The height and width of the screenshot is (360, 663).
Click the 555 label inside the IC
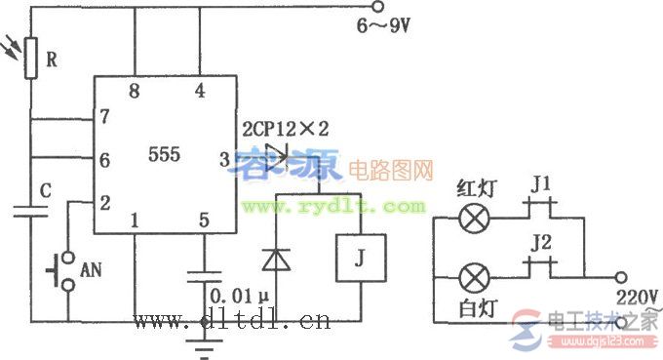click(164, 154)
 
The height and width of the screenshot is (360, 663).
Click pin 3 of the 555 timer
click(223, 157)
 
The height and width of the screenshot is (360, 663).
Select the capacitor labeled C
click(30, 211)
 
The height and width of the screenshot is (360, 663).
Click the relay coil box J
click(360, 258)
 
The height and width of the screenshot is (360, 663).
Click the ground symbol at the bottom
click(203, 337)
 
